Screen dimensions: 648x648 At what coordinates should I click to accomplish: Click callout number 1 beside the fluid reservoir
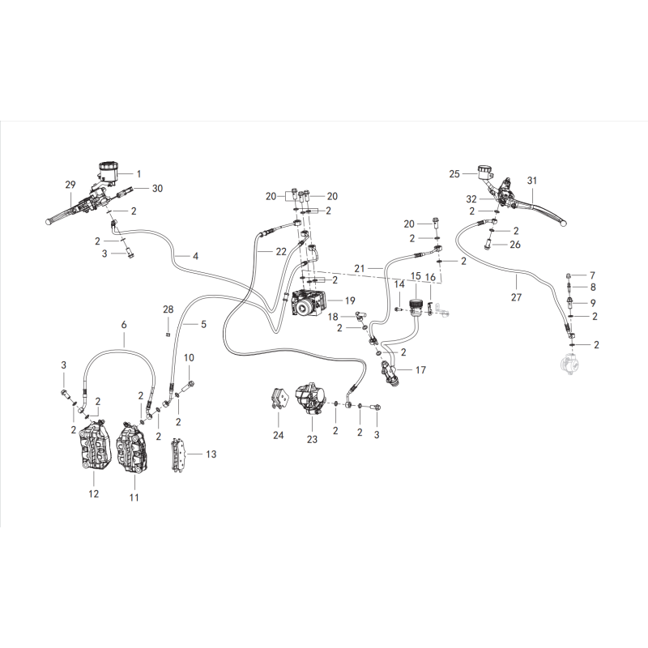pyautogui.click(x=139, y=174)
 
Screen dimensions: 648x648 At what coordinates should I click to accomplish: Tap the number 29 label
pyautogui.click(x=70, y=185)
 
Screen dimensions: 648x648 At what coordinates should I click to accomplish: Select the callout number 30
pyautogui.click(x=157, y=189)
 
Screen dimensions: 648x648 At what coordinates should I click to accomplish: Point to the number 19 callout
pyautogui.click(x=350, y=301)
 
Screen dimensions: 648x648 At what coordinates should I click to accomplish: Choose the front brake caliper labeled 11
pyautogui.click(x=132, y=447)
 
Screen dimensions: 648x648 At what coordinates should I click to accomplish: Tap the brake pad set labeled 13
pyautogui.click(x=179, y=454)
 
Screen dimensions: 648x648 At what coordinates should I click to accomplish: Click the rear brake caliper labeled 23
pyautogui.click(x=309, y=398)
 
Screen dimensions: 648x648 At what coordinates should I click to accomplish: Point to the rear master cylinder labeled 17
pyautogui.click(x=390, y=371)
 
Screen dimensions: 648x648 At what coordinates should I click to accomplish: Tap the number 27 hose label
pyautogui.click(x=516, y=297)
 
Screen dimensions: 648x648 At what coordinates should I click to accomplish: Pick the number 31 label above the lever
pyautogui.click(x=532, y=181)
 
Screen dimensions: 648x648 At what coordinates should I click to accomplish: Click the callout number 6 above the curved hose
pyautogui.click(x=124, y=325)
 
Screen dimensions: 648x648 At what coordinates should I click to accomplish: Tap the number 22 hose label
pyautogui.click(x=281, y=251)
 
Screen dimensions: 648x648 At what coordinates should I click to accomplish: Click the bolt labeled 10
pyautogui.click(x=188, y=386)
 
